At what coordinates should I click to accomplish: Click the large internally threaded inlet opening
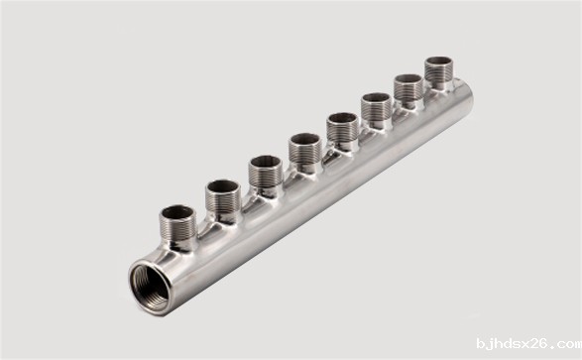pos(150,288)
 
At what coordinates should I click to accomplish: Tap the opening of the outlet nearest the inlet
pos(177,212)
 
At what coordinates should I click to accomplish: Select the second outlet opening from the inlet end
pos(223,187)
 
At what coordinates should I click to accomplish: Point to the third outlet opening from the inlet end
pos(265,163)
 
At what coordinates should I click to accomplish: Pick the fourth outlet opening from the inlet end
pos(305,139)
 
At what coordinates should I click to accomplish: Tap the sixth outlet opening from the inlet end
pos(377,98)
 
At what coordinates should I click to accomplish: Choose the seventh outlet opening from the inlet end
pos(408,79)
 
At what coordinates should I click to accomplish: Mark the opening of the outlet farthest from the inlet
pos(438,61)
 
